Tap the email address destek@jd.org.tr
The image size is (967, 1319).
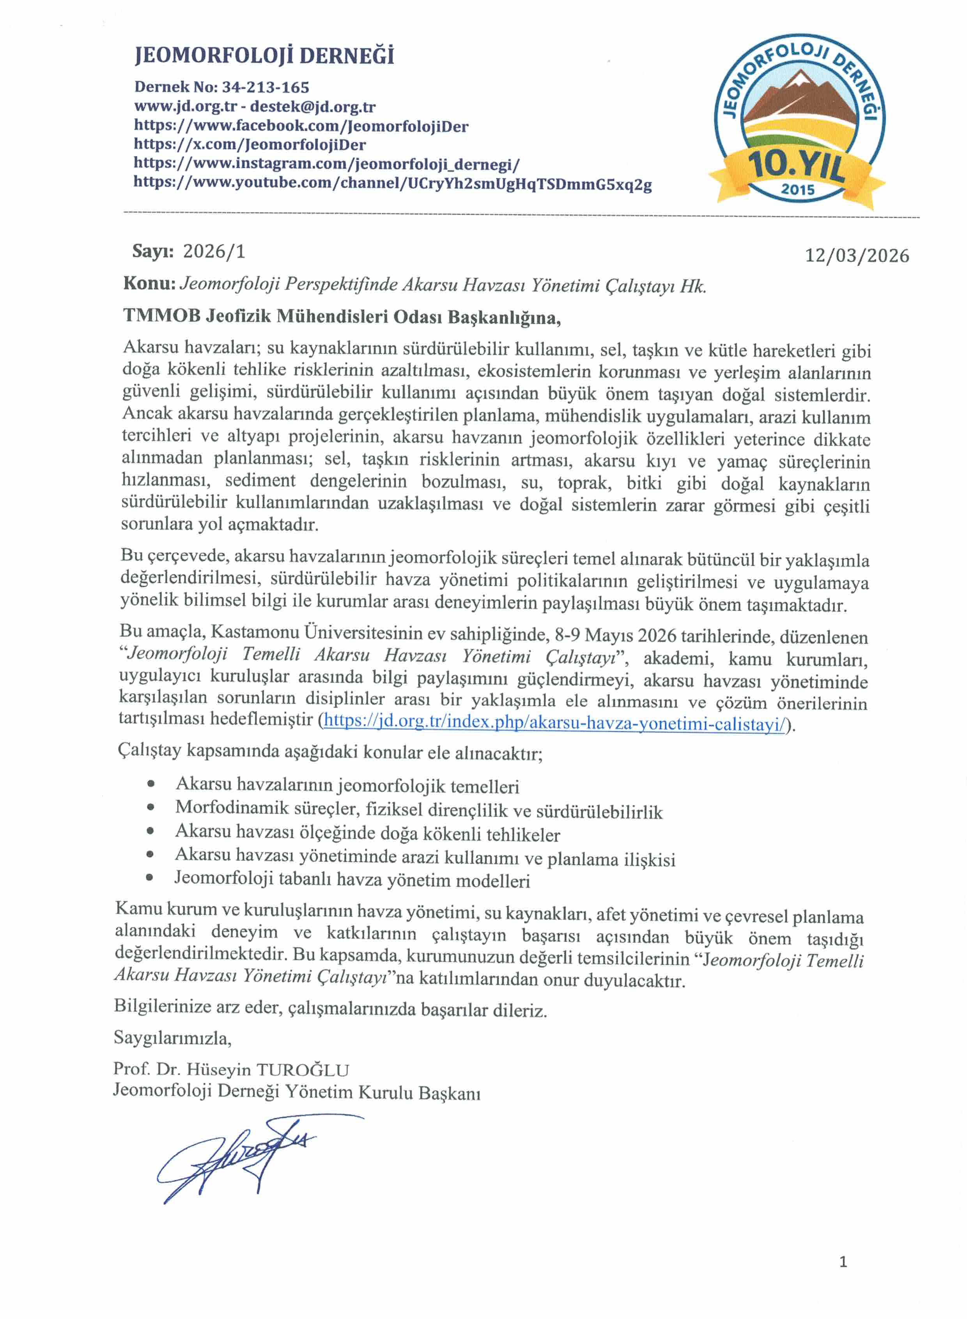click(313, 106)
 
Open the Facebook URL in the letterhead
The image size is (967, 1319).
click(301, 126)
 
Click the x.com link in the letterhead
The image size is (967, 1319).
click(250, 145)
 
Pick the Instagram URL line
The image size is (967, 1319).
click(326, 163)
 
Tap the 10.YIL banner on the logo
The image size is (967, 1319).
click(797, 165)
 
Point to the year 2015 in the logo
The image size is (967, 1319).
click(797, 189)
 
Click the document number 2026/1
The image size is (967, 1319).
click(214, 251)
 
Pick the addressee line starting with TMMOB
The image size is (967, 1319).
click(342, 317)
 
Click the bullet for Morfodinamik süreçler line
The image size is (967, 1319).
click(151, 807)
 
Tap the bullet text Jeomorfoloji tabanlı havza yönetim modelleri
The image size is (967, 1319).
click(352, 880)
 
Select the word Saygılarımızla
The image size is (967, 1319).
click(172, 1038)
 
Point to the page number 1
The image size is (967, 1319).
click(843, 1262)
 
